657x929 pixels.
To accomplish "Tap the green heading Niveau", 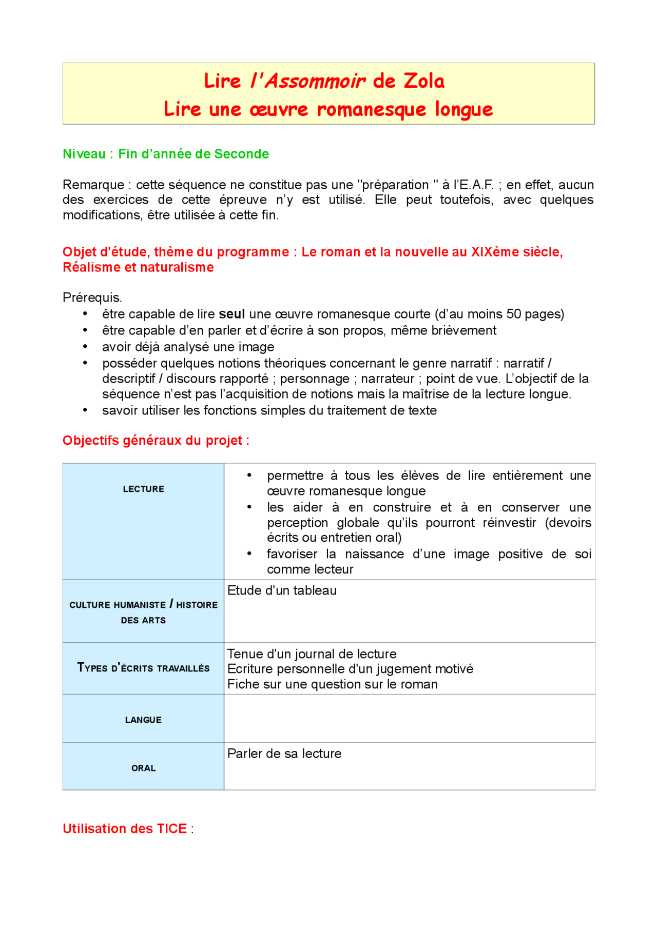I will click(x=84, y=154).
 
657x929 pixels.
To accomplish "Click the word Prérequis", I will click(x=92, y=298).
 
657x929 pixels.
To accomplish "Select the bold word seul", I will click(x=231, y=314).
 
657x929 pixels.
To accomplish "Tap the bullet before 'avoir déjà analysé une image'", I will click(x=85, y=347).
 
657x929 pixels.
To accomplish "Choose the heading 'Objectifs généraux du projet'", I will click(x=156, y=441).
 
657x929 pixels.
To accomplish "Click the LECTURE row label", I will click(x=143, y=489).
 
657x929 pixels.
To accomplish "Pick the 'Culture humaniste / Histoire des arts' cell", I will click(x=143, y=612).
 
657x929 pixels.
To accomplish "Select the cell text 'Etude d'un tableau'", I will click(x=282, y=590).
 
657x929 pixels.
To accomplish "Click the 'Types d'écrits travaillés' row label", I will click(x=143, y=668).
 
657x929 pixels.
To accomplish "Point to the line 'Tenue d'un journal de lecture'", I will click(x=312, y=654).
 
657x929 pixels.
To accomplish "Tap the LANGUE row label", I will click(x=143, y=720).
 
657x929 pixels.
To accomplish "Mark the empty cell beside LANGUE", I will click(x=409, y=718).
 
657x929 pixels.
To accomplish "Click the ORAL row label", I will click(x=143, y=768).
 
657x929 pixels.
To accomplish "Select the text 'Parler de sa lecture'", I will click(x=284, y=754).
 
